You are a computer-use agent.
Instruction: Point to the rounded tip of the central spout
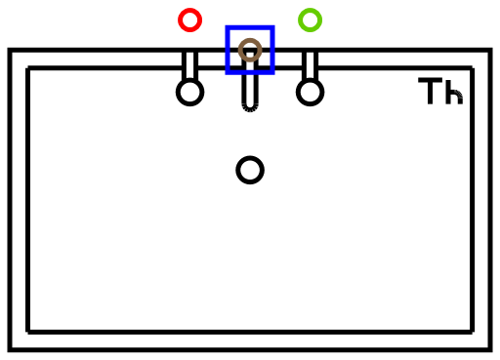click(x=250, y=110)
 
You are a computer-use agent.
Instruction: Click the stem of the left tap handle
click(x=190, y=65)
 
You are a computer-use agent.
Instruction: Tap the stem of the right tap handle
click(x=311, y=65)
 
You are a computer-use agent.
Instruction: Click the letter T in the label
click(x=431, y=91)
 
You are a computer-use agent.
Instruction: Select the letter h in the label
click(x=454, y=91)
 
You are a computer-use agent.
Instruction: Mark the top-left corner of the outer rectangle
click(x=10, y=50)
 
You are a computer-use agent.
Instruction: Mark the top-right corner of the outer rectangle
click(x=490, y=50)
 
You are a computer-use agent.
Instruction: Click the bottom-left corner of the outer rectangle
click(x=10, y=349)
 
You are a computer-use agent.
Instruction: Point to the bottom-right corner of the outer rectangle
click(x=490, y=349)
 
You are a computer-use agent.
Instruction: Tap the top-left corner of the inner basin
click(x=27, y=68)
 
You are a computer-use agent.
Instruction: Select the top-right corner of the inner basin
click(x=473, y=68)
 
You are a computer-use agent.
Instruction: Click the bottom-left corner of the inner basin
click(x=27, y=332)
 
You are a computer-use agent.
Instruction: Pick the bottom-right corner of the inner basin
click(x=473, y=332)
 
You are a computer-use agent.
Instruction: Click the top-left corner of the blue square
click(x=228, y=27)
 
